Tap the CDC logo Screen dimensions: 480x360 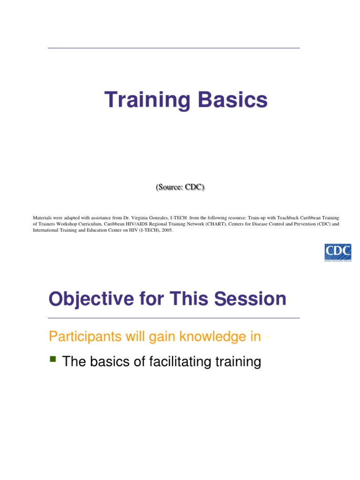[x=338, y=252]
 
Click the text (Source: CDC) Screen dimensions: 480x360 [x=180, y=187]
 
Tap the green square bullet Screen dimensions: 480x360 [x=52, y=360]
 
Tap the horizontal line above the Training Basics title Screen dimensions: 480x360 [x=173, y=48]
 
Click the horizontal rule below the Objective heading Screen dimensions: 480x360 [x=173, y=318]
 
